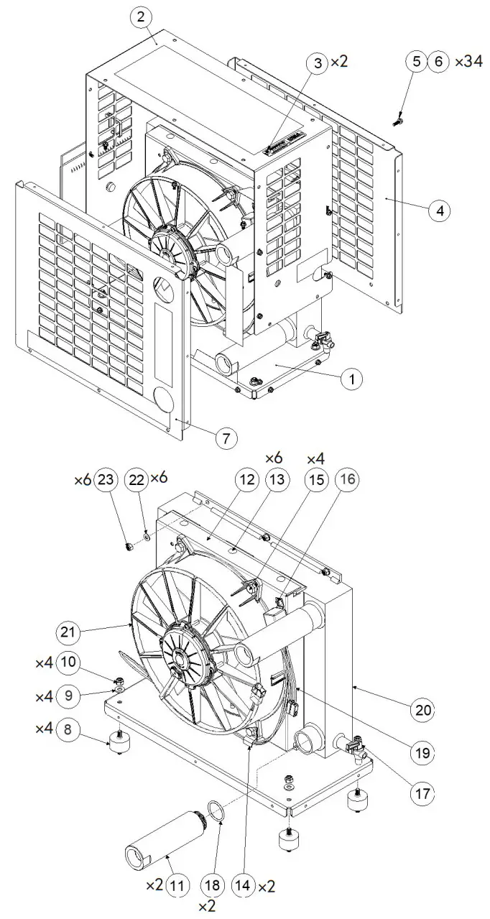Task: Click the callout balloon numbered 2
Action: pos(141,18)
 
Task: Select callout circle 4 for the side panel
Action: pos(440,211)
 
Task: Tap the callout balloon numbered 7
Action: pos(226,438)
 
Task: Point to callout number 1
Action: pos(352,379)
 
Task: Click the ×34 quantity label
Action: pos(468,62)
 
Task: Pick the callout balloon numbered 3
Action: pos(318,63)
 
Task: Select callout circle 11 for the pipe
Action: pos(177,883)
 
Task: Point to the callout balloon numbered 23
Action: pos(105,479)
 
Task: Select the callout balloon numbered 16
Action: pos(347,479)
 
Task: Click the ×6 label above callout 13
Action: pos(274,458)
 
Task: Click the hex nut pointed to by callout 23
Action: pos(129,547)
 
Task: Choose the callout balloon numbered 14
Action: pos(243,883)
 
